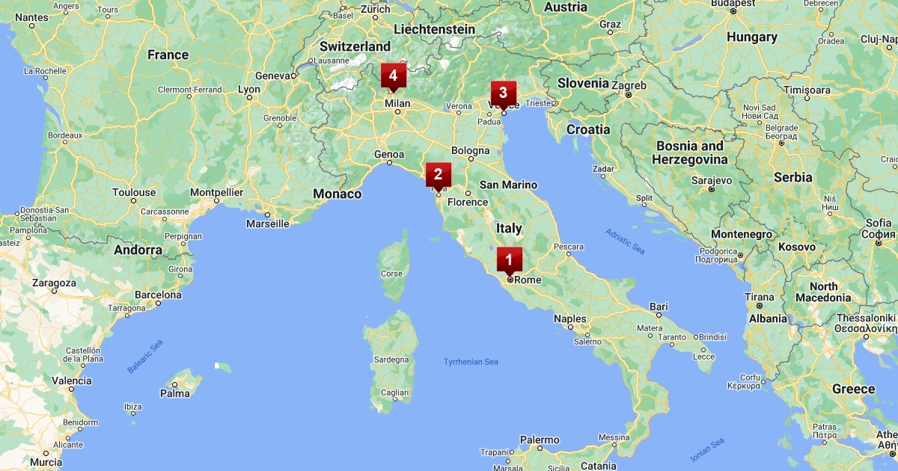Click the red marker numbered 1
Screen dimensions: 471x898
tap(509, 260)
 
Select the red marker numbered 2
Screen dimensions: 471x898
tap(438, 175)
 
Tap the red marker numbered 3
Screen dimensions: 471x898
tap(503, 93)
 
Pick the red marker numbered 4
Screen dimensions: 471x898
tap(393, 76)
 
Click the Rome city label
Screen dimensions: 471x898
tap(528, 280)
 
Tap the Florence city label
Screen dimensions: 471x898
tap(467, 202)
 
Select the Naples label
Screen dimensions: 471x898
tap(569, 318)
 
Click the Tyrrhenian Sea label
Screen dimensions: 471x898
tap(471, 362)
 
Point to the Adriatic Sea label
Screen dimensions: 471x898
tap(625, 241)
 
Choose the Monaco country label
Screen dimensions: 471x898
tap(337, 194)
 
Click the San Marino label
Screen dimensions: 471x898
tap(508, 185)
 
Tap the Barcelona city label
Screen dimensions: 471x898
tap(158, 295)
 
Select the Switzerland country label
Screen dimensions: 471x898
tap(355, 46)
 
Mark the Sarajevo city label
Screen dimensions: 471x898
tap(711, 180)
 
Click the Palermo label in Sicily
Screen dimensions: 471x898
tap(540, 440)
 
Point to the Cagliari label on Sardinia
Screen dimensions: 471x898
tap(394, 392)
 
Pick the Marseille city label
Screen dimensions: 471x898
tap(267, 223)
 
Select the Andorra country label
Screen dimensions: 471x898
tap(138, 250)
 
